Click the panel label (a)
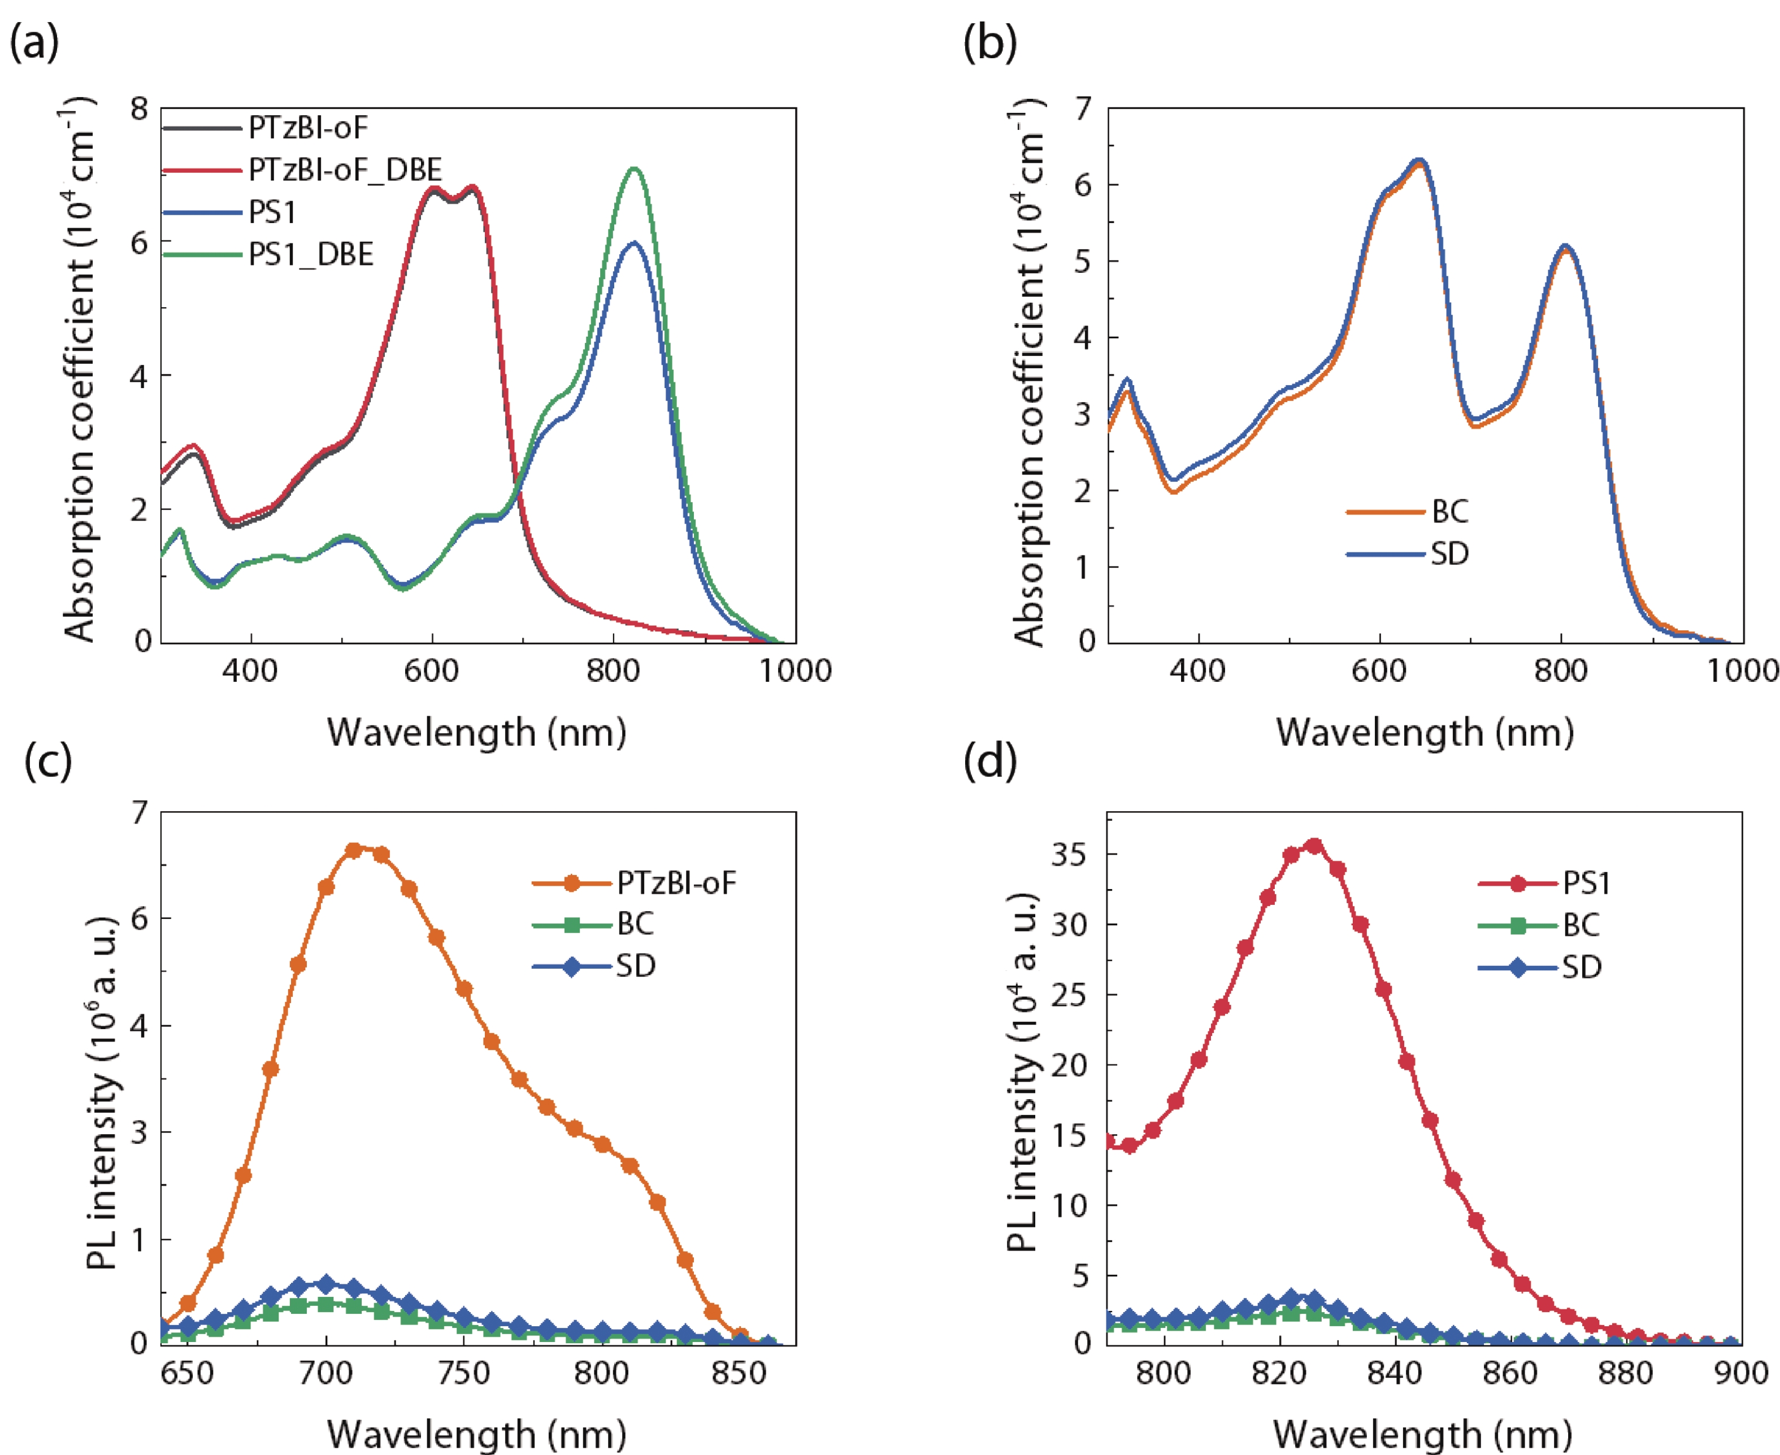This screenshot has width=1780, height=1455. point(34,42)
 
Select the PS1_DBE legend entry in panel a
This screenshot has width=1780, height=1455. point(310,255)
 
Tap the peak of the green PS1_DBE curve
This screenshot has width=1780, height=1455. point(635,169)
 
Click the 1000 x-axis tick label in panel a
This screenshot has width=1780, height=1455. point(795,670)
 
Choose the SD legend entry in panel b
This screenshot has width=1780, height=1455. point(1449,554)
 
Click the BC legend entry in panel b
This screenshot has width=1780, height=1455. point(1449,511)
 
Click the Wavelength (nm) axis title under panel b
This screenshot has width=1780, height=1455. point(1425,733)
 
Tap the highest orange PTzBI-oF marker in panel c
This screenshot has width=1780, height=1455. point(354,850)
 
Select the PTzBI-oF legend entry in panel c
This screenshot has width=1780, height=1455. point(676,883)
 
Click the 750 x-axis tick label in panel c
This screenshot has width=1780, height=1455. point(464,1374)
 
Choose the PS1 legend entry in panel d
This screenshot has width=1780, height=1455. point(1586,883)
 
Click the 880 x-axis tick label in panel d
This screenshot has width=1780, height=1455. point(1625,1374)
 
